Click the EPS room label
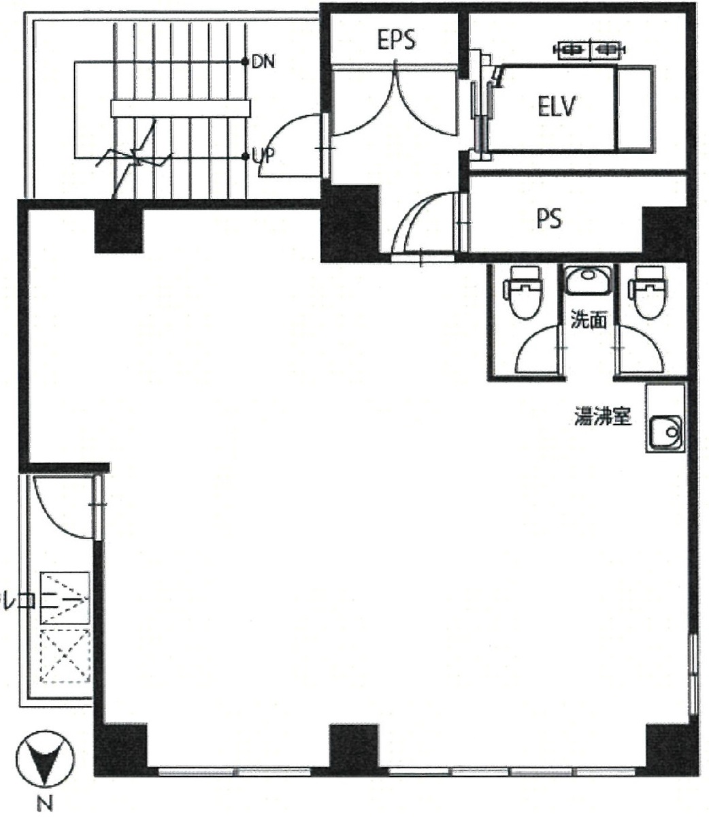pos(396,40)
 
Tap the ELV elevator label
pos(557,107)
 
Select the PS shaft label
pos(548,219)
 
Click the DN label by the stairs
pos(263,62)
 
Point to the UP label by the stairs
pos(263,157)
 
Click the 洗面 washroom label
pos(588,321)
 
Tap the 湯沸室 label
pos(603,417)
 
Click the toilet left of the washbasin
pos(524,291)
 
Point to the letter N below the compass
pos(45,804)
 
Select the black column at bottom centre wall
pos(354,749)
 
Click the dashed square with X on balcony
pos(65,655)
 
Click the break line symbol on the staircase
pos(136,158)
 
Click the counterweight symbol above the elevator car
pos(589,49)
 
